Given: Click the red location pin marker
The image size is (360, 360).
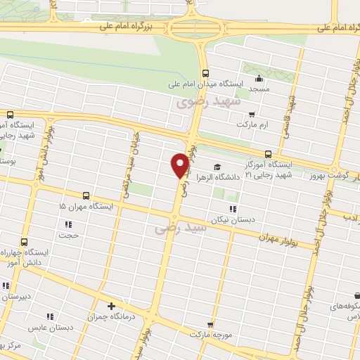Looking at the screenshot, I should tap(180, 165).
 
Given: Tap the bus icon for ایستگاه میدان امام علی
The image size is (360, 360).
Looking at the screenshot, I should tap(205, 72).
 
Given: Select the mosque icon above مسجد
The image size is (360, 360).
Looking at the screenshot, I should tap(259, 79).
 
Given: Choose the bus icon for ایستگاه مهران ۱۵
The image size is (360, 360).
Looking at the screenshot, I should tap(86, 195).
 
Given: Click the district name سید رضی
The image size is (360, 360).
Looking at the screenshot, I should tap(181, 229).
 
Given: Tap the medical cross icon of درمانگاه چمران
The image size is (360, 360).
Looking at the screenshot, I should tap(110, 306).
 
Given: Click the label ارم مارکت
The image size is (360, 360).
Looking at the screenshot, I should tap(253, 124).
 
